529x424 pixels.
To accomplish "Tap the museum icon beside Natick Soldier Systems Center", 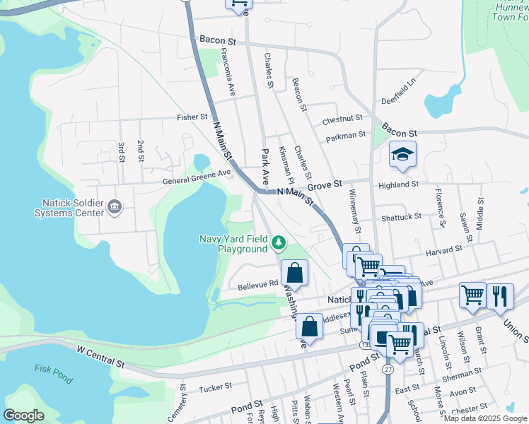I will [115, 207].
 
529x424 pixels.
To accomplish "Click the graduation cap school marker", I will [402, 155].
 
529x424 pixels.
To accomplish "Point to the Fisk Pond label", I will [53, 373].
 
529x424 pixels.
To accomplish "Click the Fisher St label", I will [193, 117].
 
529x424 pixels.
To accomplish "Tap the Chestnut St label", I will [342, 119].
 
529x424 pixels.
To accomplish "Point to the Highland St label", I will [398, 184].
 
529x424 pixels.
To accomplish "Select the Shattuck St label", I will [402, 216].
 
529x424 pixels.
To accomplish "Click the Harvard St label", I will [443, 249].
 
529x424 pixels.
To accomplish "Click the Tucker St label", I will [216, 387].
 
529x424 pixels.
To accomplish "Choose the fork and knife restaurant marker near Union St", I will [500, 297].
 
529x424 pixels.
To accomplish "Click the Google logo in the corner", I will [24, 416].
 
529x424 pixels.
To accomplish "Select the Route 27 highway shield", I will [388, 369].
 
